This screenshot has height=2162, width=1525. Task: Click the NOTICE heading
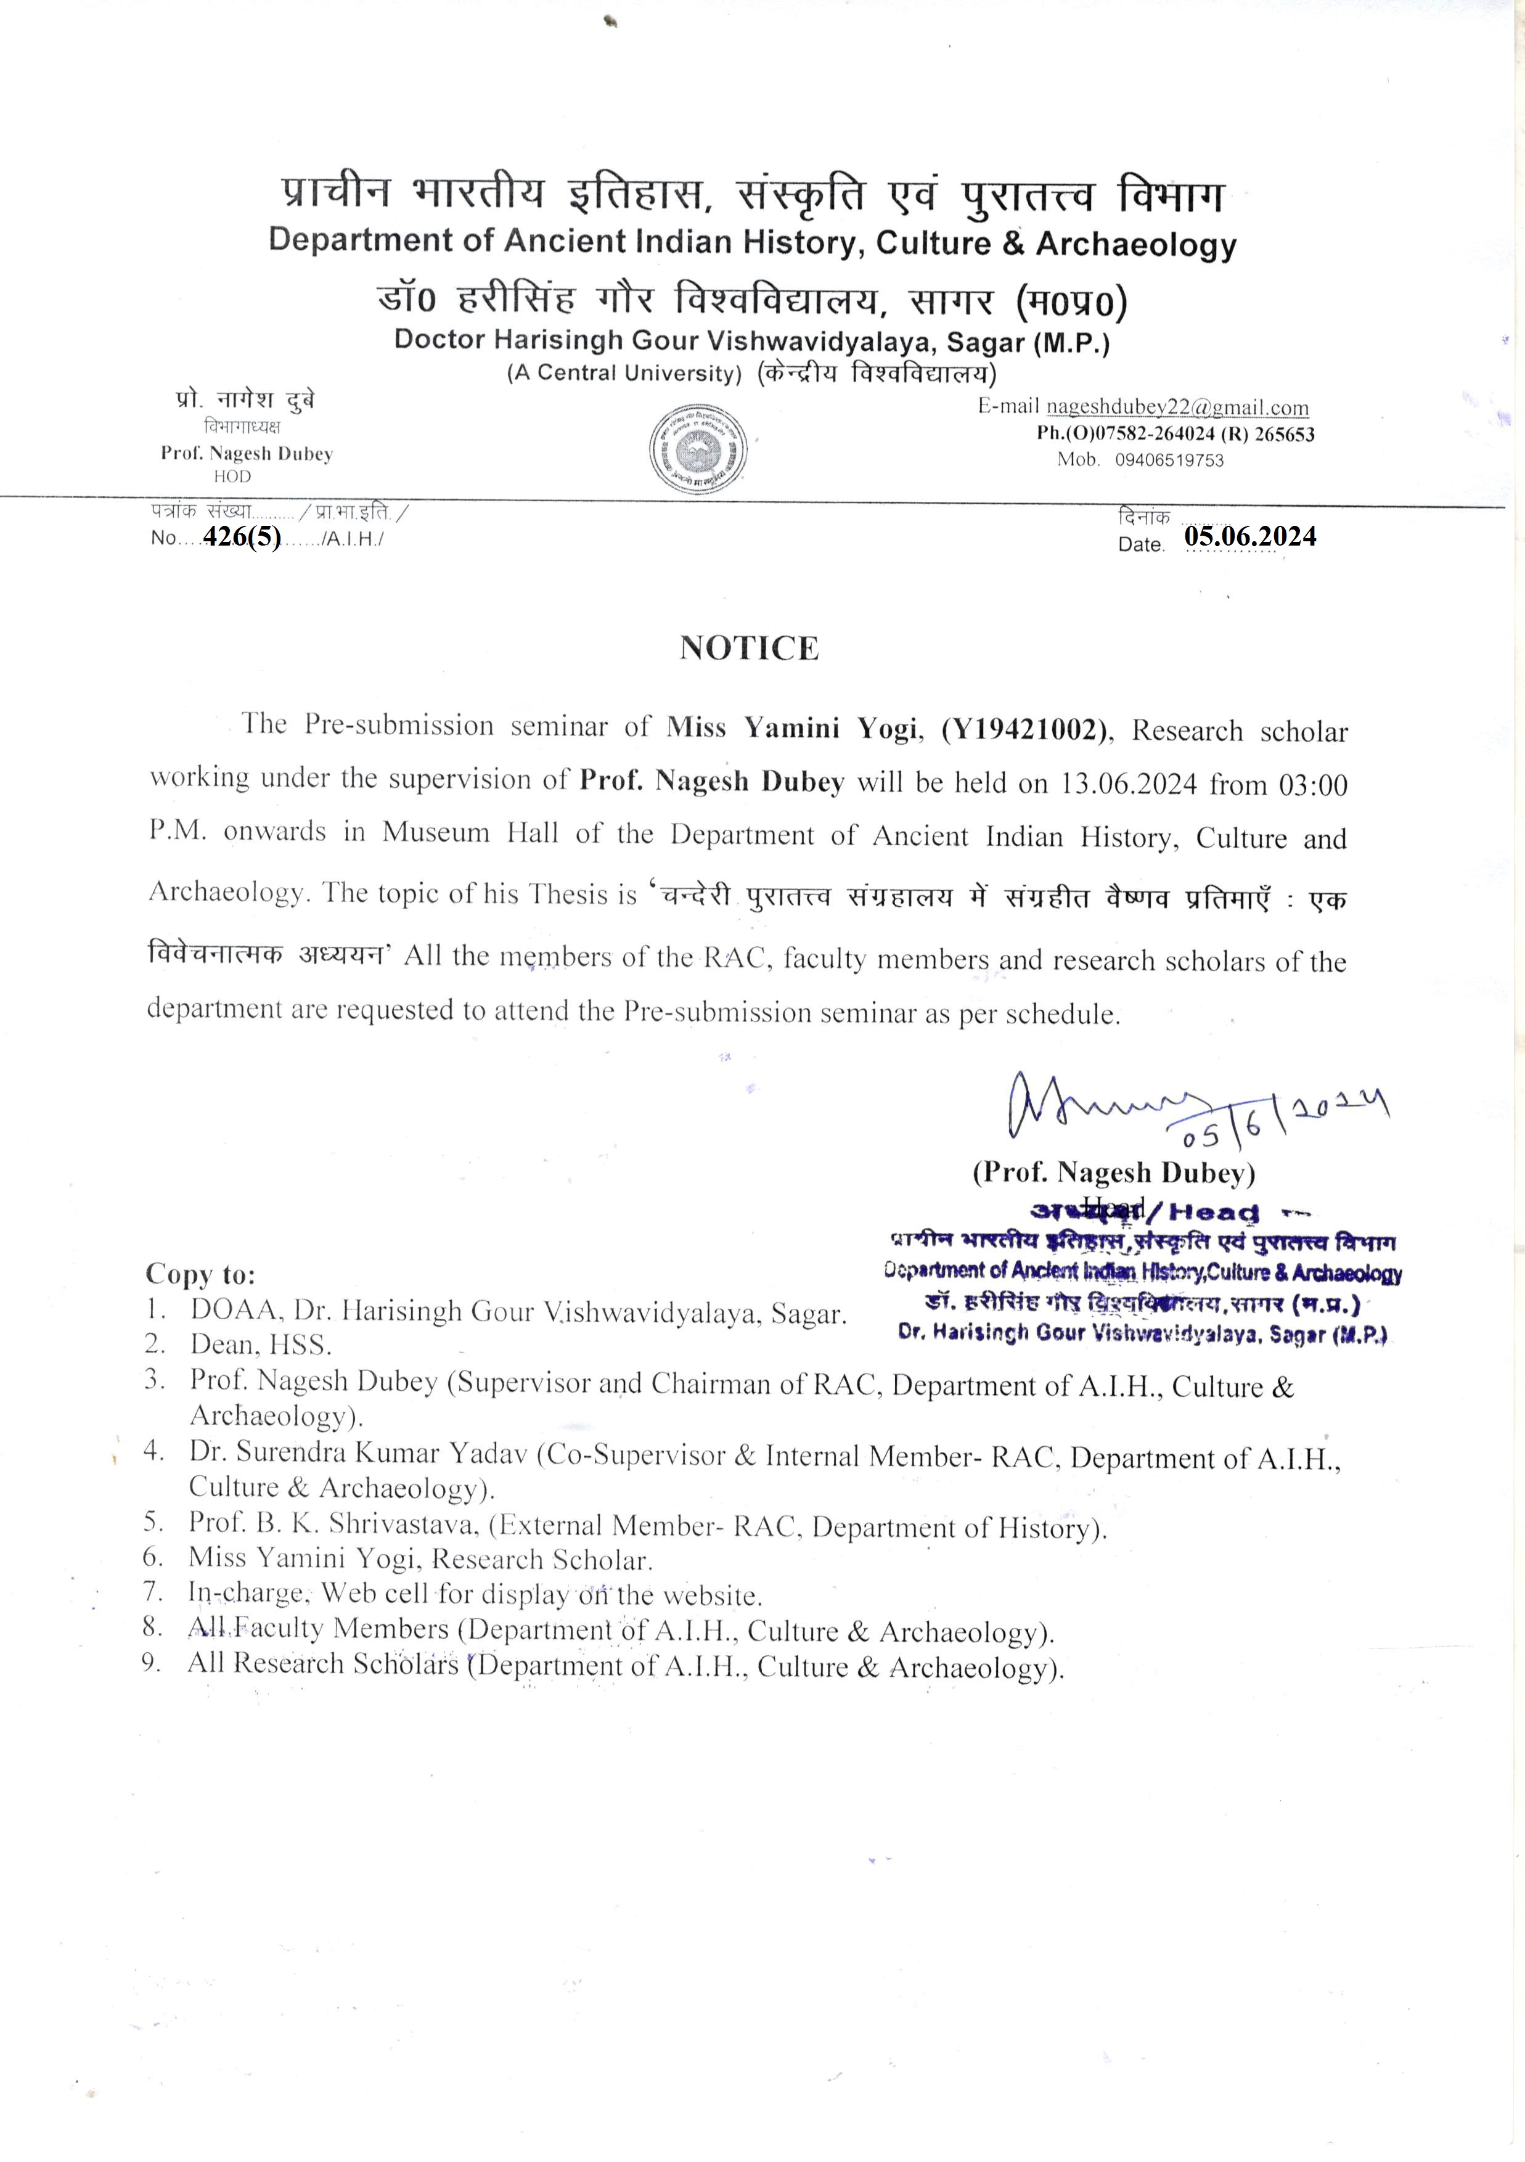tap(750, 648)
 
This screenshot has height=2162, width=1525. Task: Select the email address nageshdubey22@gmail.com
tap(1177, 407)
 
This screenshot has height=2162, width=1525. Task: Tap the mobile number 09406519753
tap(1169, 461)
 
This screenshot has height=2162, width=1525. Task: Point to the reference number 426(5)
tap(242, 537)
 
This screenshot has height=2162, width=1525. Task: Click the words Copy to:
tap(200, 1274)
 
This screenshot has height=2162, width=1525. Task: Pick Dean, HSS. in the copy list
tap(261, 1344)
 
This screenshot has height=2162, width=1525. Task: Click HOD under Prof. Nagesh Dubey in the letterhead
tap(232, 477)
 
